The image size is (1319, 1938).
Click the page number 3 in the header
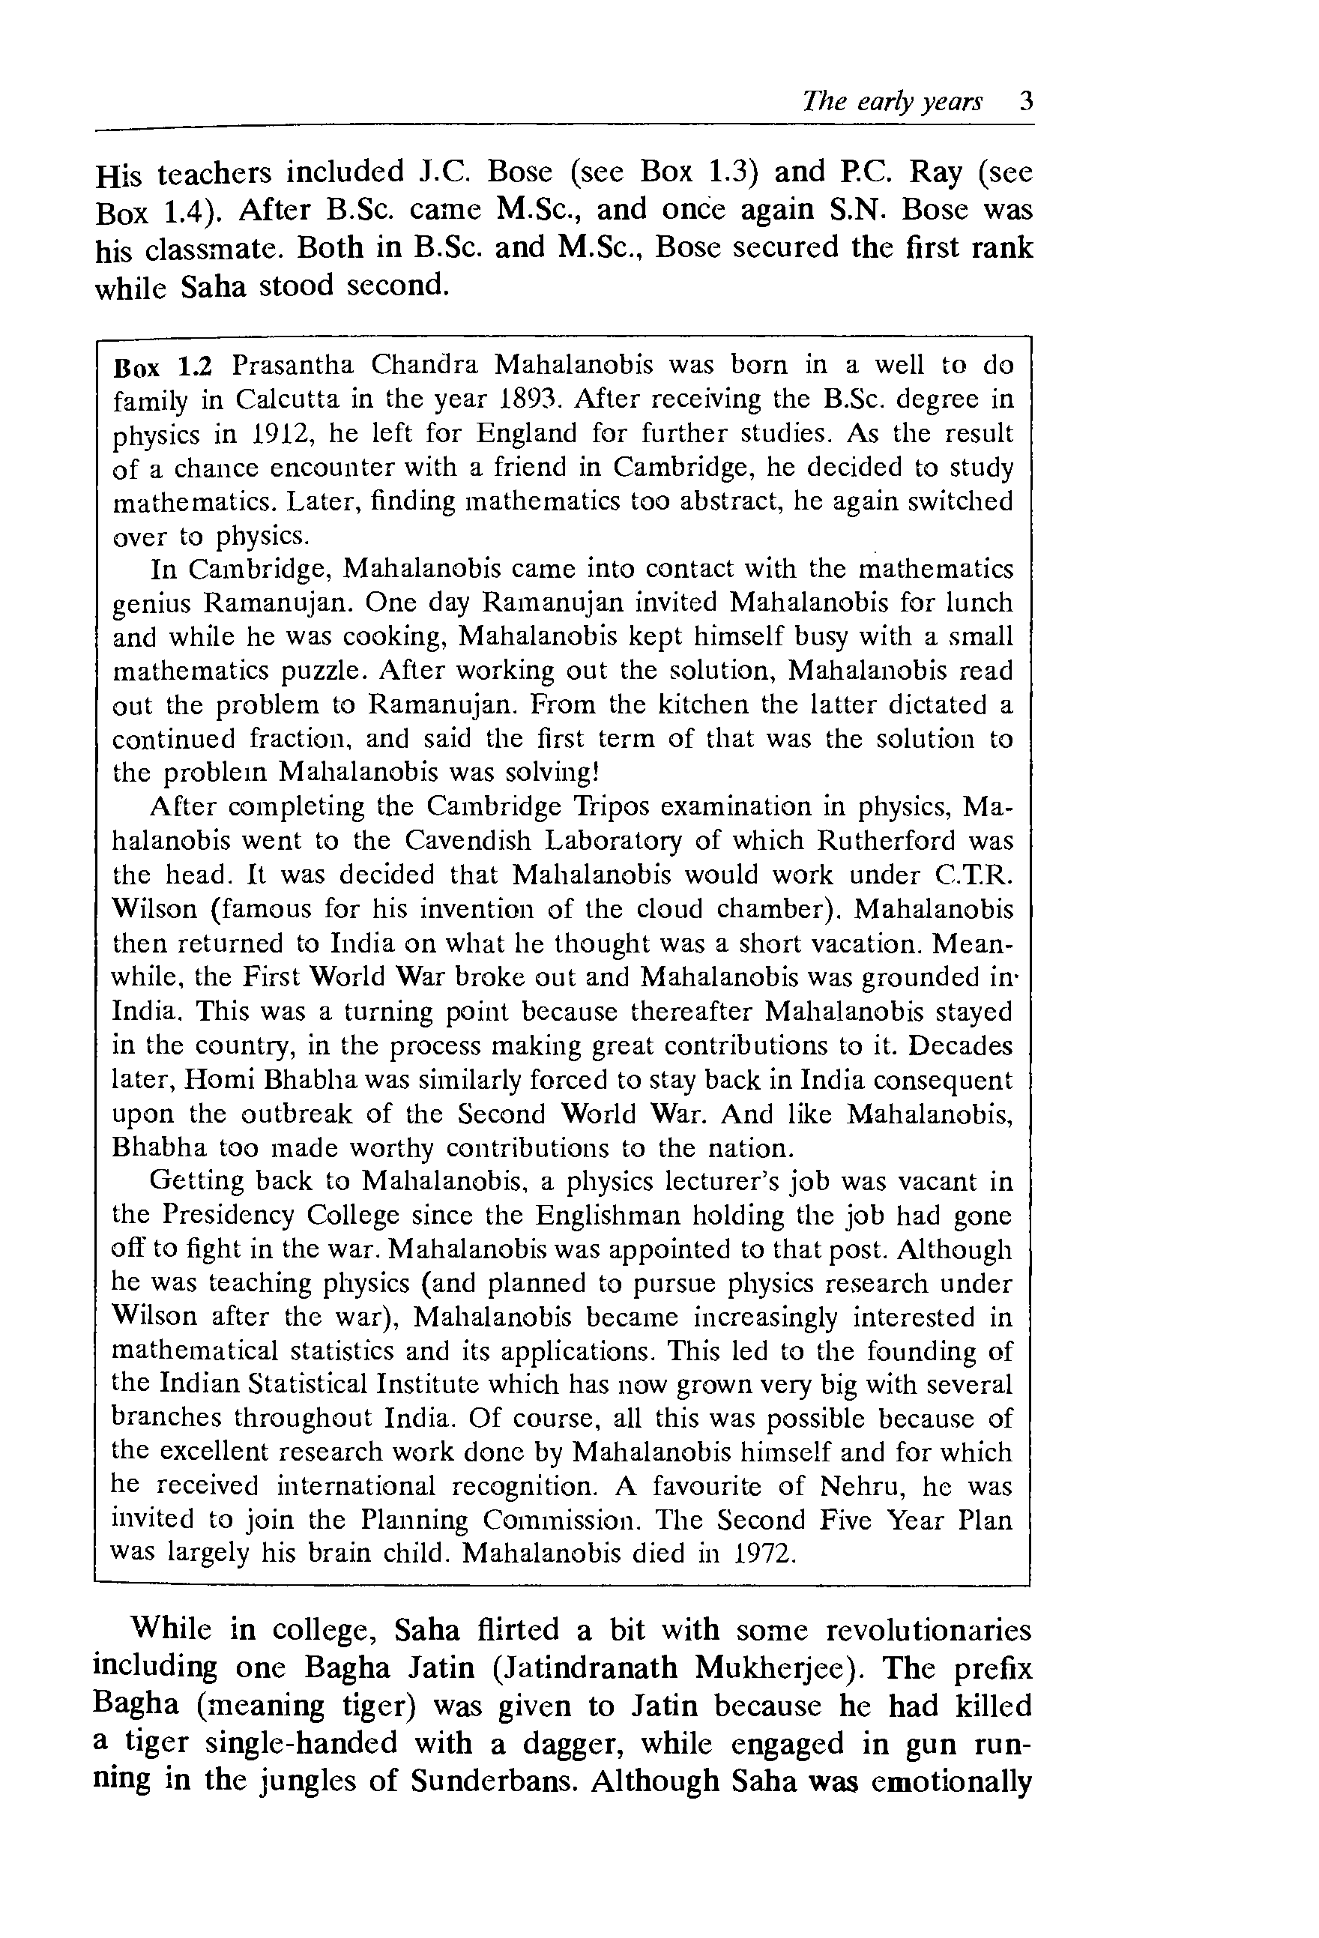coord(1025,102)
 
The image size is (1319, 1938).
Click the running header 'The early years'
coord(891,102)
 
